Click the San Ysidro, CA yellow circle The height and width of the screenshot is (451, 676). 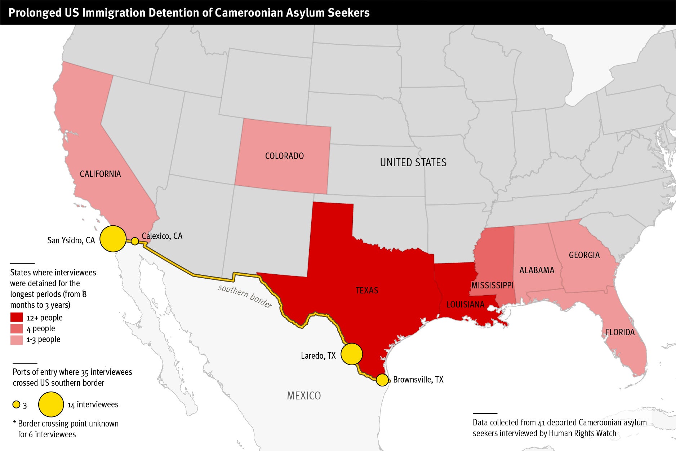pyautogui.click(x=113, y=239)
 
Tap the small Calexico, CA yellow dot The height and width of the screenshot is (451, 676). pyautogui.click(x=135, y=241)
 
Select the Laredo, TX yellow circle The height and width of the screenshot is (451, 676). pyautogui.click(x=351, y=354)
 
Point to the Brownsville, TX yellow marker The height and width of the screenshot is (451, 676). pyautogui.click(x=382, y=380)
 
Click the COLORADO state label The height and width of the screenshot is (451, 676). pyautogui.click(x=284, y=156)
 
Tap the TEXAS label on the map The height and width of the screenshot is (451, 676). pyautogui.click(x=367, y=291)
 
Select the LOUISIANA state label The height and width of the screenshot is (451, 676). pyautogui.click(x=465, y=305)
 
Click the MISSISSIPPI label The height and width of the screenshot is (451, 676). pyautogui.click(x=492, y=286)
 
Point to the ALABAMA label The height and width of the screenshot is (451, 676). pyautogui.click(x=537, y=270)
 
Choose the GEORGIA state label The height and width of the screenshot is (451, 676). pyautogui.click(x=584, y=255)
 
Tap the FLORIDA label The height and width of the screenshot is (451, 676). pyautogui.click(x=620, y=332)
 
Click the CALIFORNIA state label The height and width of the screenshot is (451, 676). pyautogui.click(x=100, y=174)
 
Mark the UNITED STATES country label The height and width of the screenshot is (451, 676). pyautogui.click(x=413, y=163)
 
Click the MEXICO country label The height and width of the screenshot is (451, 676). pyautogui.click(x=304, y=396)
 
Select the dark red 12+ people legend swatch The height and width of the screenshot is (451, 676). pyautogui.click(x=17, y=318)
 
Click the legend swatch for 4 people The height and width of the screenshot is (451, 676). pyautogui.click(x=17, y=328)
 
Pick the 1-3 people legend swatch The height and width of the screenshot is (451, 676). pyautogui.click(x=17, y=340)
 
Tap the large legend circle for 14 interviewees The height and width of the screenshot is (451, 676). pyautogui.click(x=51, y=404)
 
